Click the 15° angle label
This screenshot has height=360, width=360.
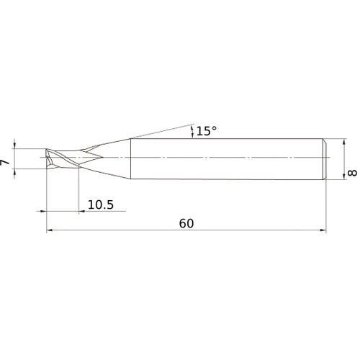[x=207, y=131]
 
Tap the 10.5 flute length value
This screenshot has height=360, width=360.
[x=101, y=204]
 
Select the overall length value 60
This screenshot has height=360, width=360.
[x=186, y=223]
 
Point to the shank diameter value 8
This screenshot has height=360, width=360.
[x=352, y=173]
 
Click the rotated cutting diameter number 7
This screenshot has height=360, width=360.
[x=5, y=162]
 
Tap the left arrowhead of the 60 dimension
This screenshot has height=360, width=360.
[x=50, y=230]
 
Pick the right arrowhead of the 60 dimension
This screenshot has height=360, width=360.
[x=323, y=230]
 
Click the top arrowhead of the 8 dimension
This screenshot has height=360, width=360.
[x=344, y=142]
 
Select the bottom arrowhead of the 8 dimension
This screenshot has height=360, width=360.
[x=344, y=176]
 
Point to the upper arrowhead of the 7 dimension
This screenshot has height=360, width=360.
[x=14, y=145]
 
